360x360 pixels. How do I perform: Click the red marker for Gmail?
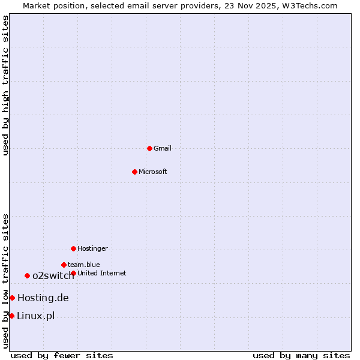(149, 148)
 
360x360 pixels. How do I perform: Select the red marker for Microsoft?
(134, 172)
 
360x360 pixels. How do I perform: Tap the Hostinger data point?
(73, 248)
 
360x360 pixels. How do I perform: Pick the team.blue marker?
(64, 265)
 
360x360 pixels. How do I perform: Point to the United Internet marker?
(73, 273)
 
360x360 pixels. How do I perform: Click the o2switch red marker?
(27, 275)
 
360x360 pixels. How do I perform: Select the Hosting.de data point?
(12, 298)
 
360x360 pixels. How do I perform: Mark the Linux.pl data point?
(11, 316)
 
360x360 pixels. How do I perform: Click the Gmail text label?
(163, 148)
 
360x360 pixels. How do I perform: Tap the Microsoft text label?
(153, 172)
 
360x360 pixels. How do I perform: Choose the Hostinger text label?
(92, 248)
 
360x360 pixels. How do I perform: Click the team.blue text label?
(84, 265)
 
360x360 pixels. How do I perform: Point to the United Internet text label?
(102, 273)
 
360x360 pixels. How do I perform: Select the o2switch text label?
(53, 275)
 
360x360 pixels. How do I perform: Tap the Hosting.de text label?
(43, 298)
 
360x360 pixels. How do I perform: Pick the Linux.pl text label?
(35, 316)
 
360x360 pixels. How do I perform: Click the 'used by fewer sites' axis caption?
(62, 355)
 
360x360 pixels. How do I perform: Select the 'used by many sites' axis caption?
(301, 355)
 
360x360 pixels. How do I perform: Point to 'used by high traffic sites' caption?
(5, 85)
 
